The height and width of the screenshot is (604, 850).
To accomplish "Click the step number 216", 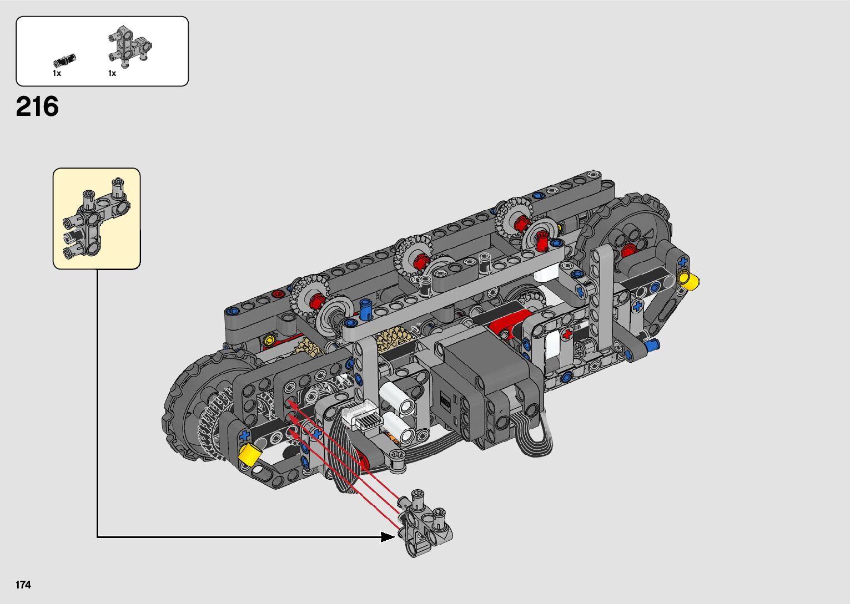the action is point(37,106).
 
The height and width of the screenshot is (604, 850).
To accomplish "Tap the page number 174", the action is point(23,585).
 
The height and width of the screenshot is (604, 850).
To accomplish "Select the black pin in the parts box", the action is point(64,60).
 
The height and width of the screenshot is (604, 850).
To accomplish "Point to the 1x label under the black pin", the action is point(57,73).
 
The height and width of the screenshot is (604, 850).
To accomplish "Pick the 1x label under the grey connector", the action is point(112,73).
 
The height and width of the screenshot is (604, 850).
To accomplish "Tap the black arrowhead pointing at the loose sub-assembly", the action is point(388,537).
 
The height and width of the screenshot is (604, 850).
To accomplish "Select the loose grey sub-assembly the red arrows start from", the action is point(425,522).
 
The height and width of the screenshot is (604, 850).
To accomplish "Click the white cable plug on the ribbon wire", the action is point(359,415).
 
